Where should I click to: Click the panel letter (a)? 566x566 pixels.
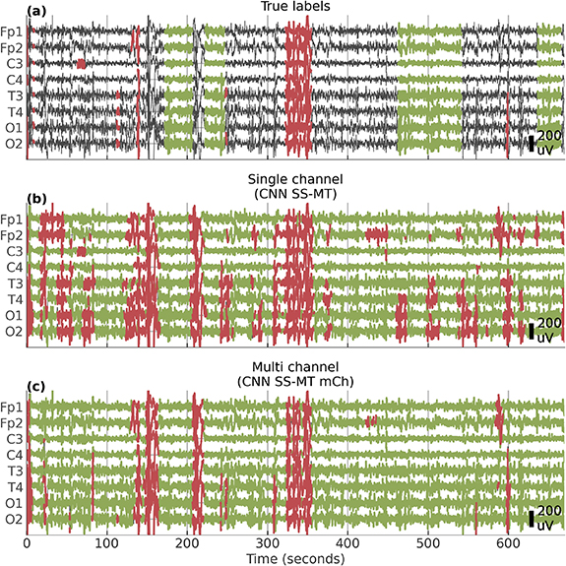pos(14,10)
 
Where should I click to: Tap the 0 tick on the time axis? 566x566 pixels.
pos(27,542)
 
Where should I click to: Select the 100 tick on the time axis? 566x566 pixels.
pos(107,542)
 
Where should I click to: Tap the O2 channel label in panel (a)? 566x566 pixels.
pos(13,144)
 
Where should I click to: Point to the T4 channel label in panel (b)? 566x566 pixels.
pos(13,299)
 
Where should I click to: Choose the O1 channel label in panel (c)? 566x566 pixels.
pos(13,503)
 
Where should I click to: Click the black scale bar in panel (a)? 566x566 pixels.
pos(531,144)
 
